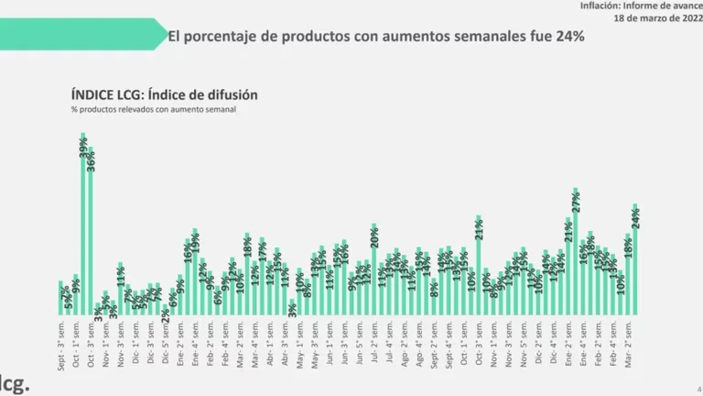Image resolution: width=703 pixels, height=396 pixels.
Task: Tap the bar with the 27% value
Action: [x=576, y=252]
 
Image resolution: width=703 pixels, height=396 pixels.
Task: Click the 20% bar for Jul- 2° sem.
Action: [x=374, y=269]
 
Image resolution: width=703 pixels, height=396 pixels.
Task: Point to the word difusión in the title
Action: [x=230, y=94]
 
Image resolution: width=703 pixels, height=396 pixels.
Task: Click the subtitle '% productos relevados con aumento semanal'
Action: [x=140, y=110]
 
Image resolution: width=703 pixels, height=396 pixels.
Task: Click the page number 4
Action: [x=698, y=389]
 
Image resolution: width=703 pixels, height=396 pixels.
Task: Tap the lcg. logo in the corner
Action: [x=13, y=382]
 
